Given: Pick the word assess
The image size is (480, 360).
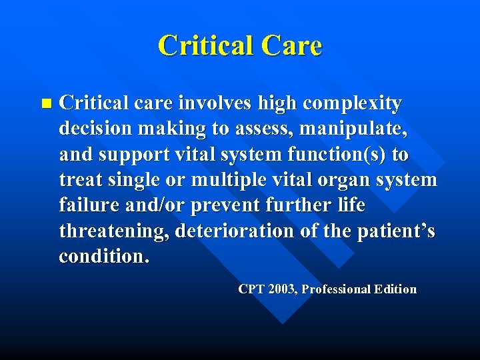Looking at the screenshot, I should point(271,129).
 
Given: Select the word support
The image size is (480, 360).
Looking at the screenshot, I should point(131,155).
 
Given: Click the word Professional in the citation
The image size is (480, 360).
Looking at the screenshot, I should point(337,289).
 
